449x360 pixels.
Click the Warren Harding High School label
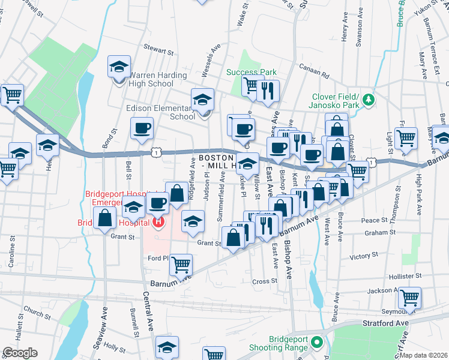151,79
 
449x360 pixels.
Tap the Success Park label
252,72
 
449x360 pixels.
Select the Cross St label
264,281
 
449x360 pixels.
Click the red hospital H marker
158,223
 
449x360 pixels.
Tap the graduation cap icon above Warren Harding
119,65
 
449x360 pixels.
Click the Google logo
20,353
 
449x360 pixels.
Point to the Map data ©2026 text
423,355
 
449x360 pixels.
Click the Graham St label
378,233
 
